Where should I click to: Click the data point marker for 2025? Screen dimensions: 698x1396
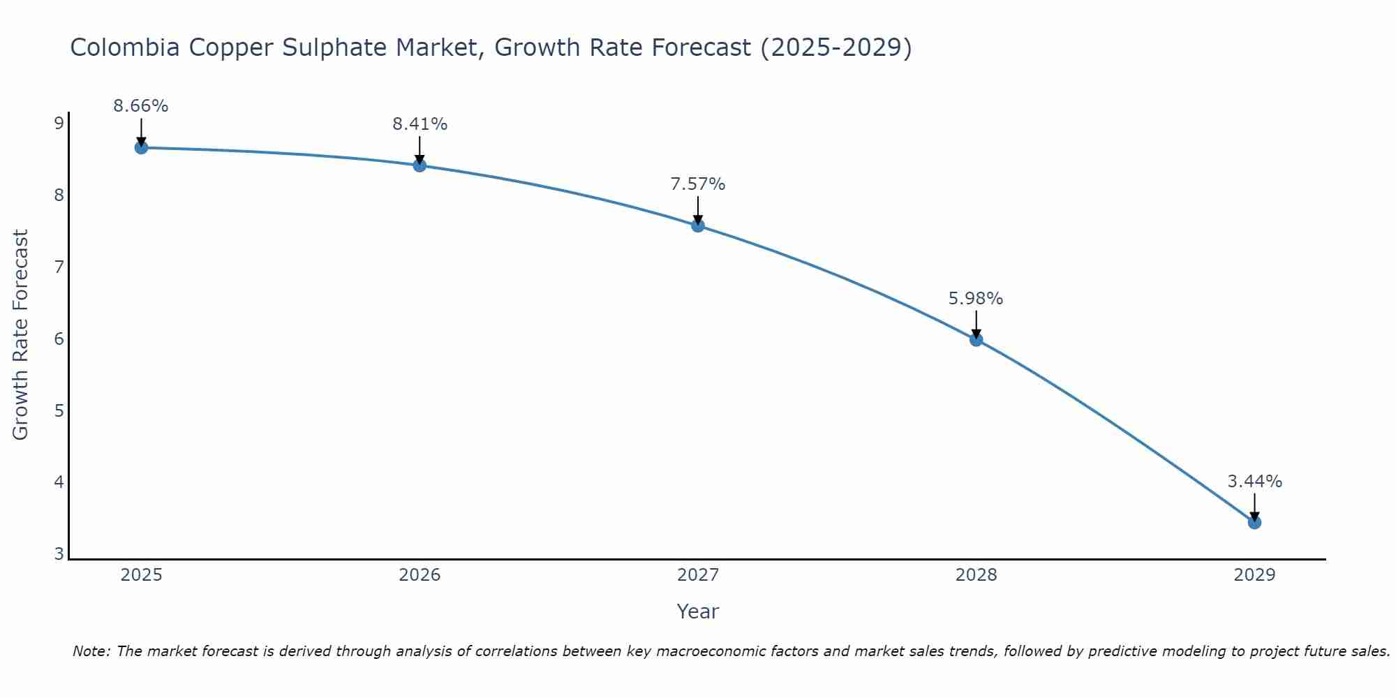point(141,147)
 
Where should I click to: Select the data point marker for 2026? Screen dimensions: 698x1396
point(419,165)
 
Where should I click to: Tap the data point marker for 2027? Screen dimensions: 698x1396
point(698,225)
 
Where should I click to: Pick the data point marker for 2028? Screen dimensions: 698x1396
point(976,340)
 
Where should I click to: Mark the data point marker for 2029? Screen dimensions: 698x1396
point(1254,522)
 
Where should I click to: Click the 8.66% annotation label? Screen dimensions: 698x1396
point(141,106)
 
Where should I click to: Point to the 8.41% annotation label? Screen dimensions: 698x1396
point(419,124)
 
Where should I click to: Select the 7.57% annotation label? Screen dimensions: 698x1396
point(698,184)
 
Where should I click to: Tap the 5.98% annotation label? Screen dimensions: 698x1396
point(976,299)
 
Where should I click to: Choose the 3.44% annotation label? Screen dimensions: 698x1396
point(1254,482)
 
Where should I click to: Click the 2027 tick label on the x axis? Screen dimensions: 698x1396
point(698,575)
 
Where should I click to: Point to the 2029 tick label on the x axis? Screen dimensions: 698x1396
point(1254,575)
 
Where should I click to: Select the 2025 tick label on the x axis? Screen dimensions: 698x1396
point(141,575)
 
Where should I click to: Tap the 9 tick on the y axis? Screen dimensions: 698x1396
point(59,124)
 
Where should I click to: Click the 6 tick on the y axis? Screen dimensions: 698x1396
point(59,339)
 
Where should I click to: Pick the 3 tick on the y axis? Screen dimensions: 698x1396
point(59,554)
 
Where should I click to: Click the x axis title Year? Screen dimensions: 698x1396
point(698,611)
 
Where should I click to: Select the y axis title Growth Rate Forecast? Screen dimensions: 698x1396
point(21,335)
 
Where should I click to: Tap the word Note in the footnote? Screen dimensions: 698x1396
point(91,651)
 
